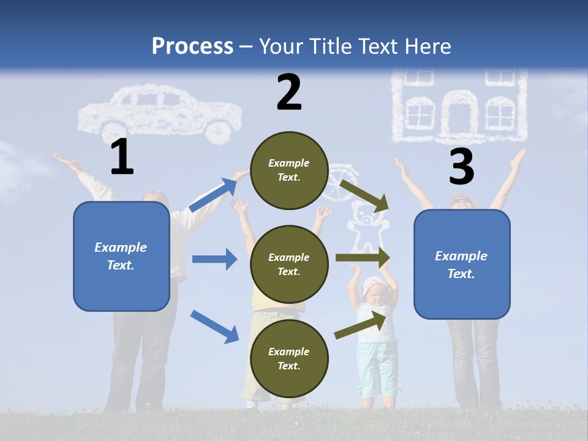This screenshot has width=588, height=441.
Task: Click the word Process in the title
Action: (192, 46)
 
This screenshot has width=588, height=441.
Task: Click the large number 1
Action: (122, 157)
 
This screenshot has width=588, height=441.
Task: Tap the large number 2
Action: (289, 93)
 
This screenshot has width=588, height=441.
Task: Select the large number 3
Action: (461, 167)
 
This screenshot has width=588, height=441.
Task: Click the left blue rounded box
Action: (121, 256)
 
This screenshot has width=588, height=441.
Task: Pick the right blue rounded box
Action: (462, 265)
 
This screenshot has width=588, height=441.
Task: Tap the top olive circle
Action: (289, 170)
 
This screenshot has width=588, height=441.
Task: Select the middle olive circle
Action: (289, 264)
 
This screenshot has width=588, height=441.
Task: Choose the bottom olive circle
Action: (289, 358)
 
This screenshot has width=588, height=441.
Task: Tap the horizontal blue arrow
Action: (214, 259)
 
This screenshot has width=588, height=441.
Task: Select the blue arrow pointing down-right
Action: (214, 326)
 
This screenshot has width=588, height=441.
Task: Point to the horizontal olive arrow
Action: (362, 258)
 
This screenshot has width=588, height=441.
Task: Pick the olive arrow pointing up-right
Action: (361, 325)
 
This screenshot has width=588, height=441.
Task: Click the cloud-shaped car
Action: (160, 114)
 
